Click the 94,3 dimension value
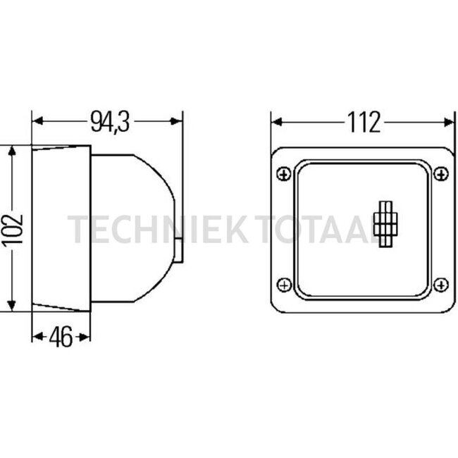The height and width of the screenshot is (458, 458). coord(110,121)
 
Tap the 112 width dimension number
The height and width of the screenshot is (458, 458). coord(364,123)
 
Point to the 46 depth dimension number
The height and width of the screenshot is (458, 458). coord(61,337)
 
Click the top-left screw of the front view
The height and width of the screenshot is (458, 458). coord(283,174)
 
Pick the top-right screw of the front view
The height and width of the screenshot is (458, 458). coord(441,174)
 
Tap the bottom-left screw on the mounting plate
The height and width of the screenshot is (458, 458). coord(284,285)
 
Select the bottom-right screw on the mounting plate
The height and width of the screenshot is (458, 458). coord(441,285)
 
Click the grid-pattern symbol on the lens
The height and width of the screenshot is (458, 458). coord(385,224)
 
